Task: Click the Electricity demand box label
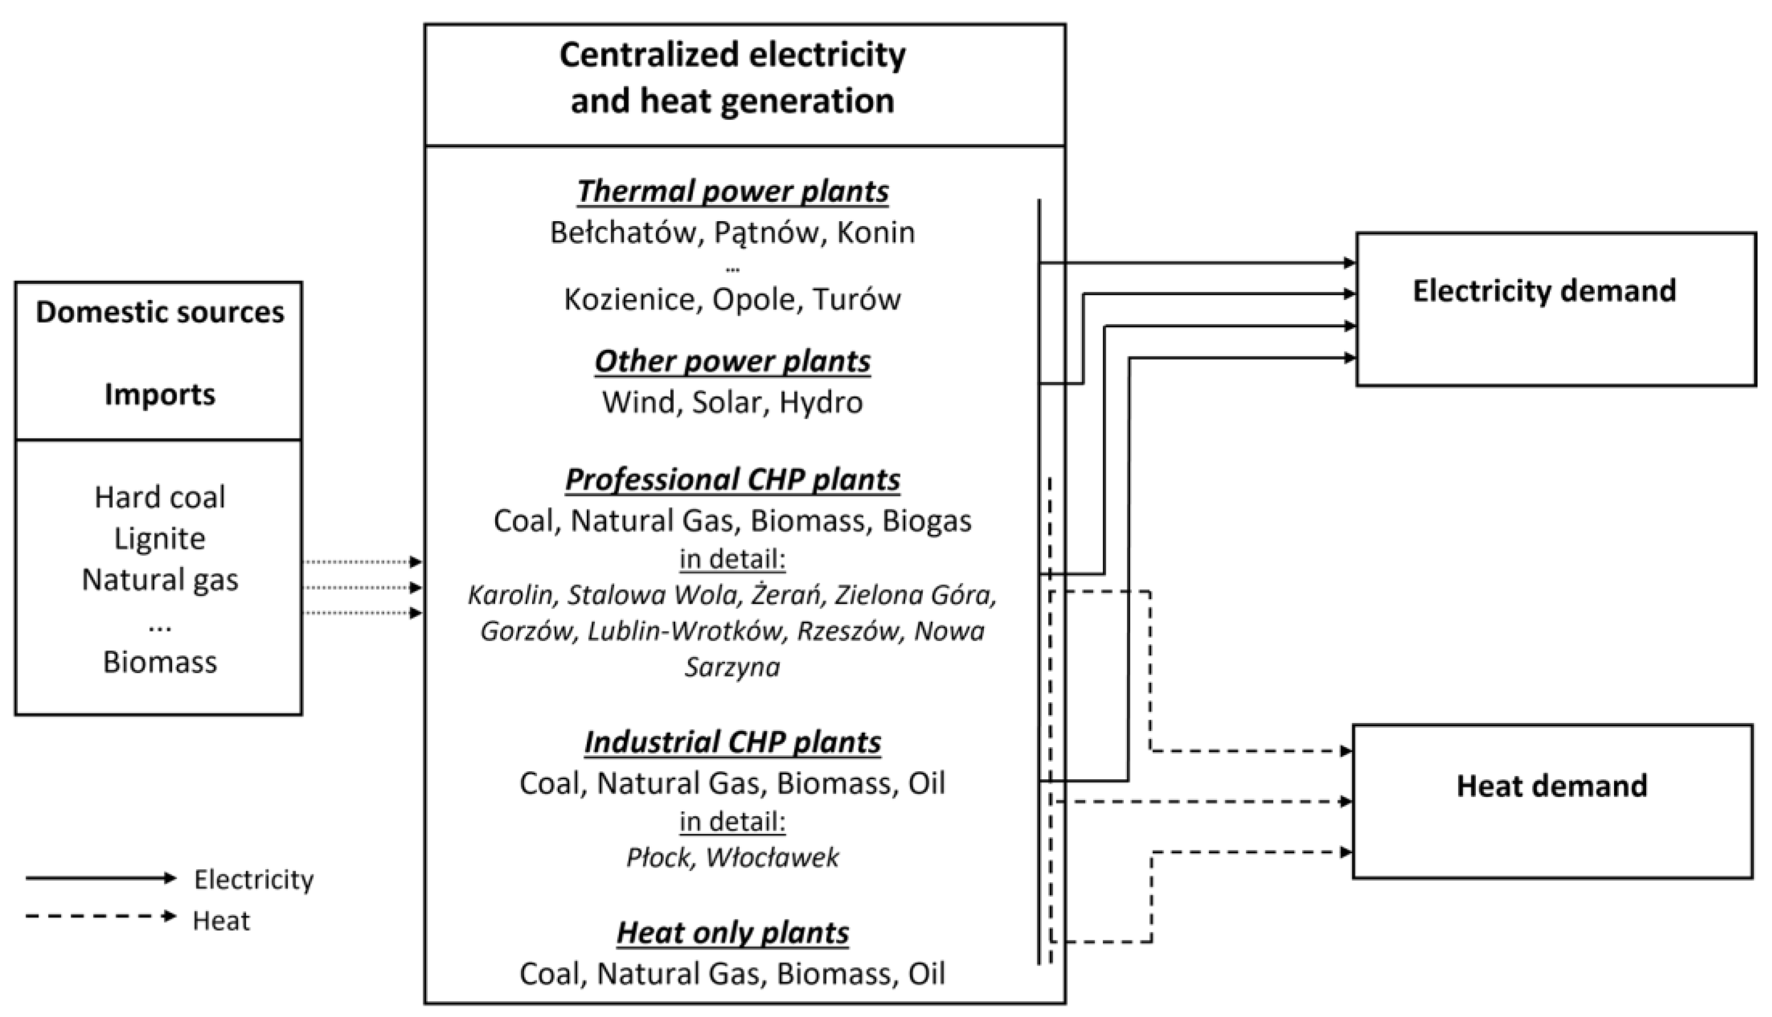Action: [1544, 291]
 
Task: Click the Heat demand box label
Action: [1551, 786]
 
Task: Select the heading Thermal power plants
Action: [732, 191]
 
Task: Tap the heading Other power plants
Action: [732, 361]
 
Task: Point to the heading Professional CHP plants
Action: [732, 480]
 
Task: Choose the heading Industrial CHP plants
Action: [732, 742]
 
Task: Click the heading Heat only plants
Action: [732, 932]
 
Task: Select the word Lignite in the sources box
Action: [160, 539]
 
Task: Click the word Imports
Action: [160, 395]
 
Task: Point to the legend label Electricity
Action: [253, 879]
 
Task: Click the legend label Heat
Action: [221, 921]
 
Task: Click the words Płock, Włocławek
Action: [732, 857]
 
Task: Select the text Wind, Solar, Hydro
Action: [732, 402]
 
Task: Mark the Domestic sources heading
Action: [160, 312]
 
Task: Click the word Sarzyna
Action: [732, 667]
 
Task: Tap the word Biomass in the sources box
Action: [160, 662]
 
